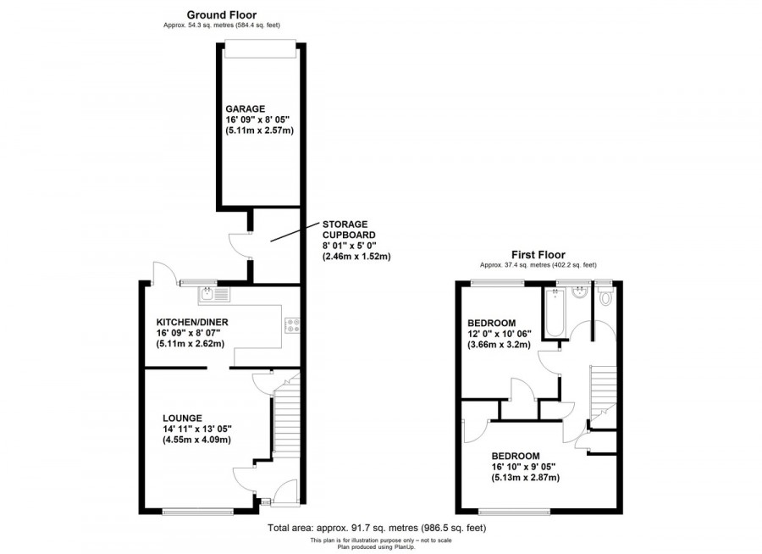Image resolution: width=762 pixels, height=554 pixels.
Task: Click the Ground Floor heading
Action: (x=222, y=15)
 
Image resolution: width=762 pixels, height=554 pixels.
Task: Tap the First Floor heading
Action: (x=538, y=255)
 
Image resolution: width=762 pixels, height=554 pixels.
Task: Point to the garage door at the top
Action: (x=261, y=48)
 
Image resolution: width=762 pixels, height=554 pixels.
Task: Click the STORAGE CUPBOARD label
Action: (x=349, y=230)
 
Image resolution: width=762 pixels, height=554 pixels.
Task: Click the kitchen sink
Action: (x=214, y=294)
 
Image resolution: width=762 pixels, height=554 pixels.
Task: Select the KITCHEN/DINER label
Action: (x=192, y=322)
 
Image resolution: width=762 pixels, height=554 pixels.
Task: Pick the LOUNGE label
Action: (x=182, y=418)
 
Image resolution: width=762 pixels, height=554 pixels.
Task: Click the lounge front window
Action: (x=198, y=511)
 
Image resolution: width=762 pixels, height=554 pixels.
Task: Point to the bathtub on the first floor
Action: (x=555, y=312)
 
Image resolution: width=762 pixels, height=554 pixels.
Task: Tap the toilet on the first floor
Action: (x=605, y=296)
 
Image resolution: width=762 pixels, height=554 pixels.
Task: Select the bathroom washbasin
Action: (x=579, y=293)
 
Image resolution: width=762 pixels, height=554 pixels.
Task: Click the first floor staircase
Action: (x=603, y=392)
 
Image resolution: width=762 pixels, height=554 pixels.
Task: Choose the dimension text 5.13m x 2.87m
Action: (x=525, y=478)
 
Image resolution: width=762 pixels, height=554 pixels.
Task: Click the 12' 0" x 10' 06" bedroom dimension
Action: (x=500, y=334)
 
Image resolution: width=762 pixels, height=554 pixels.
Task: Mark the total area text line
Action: (x=377, y=528)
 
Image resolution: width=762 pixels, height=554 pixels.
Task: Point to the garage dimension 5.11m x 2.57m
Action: (x=260, y=130)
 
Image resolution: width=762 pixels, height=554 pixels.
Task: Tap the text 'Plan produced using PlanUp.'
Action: (x=377, y=547)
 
